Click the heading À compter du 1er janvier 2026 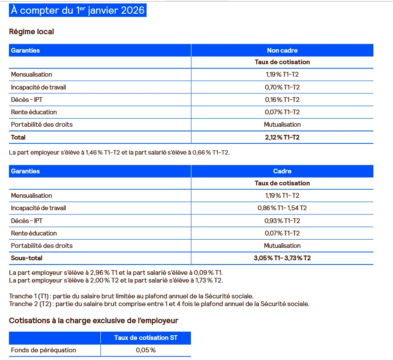click(x=78, y=10)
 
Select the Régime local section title click(x=31, y=32)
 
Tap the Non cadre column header click(x=282, y=51)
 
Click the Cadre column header click(x=282, y=171)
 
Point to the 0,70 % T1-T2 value click(x=282, y=87)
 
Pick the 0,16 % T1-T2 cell click(x=282, y=100)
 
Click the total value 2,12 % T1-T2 click(x=282, y=137)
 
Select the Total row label click(x=18, y=137)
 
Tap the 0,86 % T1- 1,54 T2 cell click(x=282, y=208)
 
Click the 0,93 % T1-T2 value click(x=282, y=220)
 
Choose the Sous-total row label click(x=27, y=258)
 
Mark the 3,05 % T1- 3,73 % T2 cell click(x=282, y=258)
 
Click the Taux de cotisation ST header click(x=146, y=338)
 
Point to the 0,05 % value click(x=146, y=350)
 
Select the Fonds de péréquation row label click(x=43, y=350)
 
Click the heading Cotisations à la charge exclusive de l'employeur click(x=93, y=320)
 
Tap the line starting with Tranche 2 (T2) click(x=159, y=304)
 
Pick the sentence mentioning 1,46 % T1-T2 click(x=119, y=152)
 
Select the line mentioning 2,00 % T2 click(x=116, y=280)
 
